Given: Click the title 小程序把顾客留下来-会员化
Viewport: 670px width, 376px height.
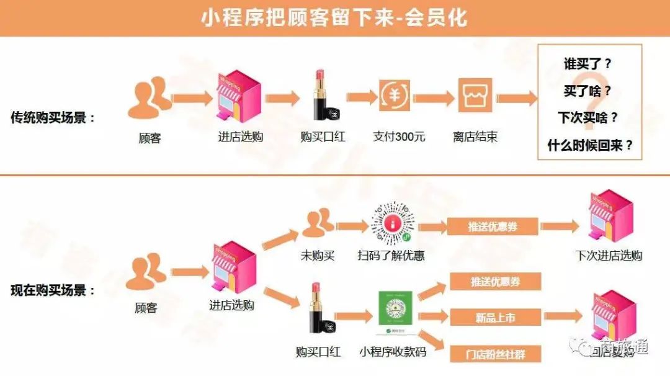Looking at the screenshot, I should (334, 17).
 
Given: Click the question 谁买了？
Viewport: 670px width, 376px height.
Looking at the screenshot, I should (587, 64).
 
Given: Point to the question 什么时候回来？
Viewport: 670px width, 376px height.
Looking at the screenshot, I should (590, 145).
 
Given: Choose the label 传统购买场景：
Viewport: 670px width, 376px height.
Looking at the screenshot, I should (54, 117).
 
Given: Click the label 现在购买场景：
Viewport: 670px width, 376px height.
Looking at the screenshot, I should (54, 290).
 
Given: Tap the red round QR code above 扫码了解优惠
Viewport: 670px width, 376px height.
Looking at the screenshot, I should (392, 222).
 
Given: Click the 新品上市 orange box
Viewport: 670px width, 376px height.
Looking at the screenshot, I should (496, 318).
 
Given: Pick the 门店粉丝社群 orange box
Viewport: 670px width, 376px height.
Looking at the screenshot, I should (496, 354).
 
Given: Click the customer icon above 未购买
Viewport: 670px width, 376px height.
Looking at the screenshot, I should (318, 223).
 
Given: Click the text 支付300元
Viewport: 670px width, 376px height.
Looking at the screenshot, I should (399, 137).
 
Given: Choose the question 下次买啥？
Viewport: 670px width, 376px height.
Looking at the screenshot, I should (587, 117).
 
